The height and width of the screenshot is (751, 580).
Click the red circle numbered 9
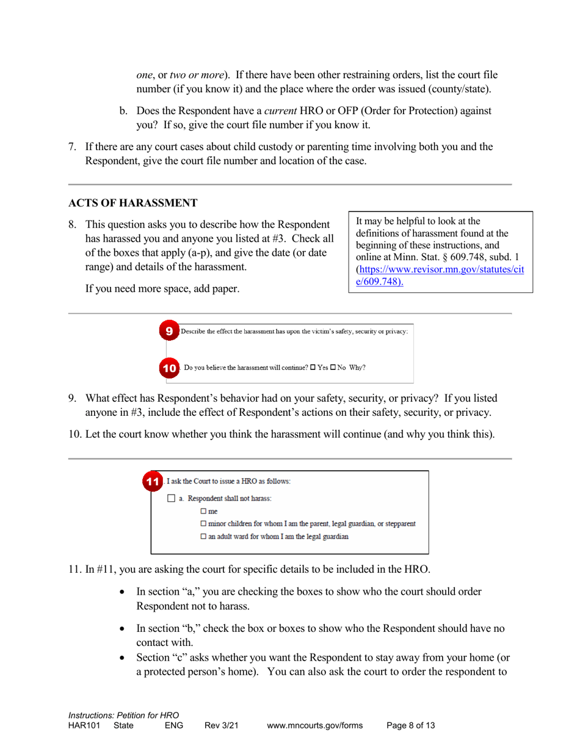[170, 331]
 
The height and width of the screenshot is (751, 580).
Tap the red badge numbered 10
[170, 368]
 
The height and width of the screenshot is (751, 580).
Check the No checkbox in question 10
[333, 368]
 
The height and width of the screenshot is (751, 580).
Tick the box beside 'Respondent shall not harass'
[171, 499]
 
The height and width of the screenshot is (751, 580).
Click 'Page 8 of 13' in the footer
[411, 726]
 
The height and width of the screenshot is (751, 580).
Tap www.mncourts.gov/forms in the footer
[314, 726]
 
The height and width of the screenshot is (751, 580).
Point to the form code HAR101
[85, 726]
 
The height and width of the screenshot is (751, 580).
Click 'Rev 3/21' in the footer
[221, 726]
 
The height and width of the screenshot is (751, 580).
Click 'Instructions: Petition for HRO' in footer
[124, 715]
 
